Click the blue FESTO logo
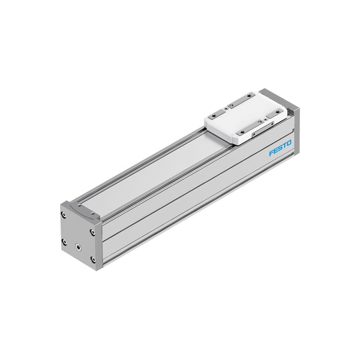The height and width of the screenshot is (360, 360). tap(280, 148)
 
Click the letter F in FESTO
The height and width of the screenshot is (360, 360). tap(271, 153)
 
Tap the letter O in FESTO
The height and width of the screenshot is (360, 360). tap(289, 143)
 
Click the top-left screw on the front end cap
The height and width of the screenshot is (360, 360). tap(64, 215)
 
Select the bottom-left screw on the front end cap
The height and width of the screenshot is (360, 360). tap(64, 242)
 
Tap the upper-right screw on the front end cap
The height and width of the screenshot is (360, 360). tap(92, 232)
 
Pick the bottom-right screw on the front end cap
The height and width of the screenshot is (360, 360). tap(93, 259)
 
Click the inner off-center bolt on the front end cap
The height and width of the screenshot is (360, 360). tap(78, 247)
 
